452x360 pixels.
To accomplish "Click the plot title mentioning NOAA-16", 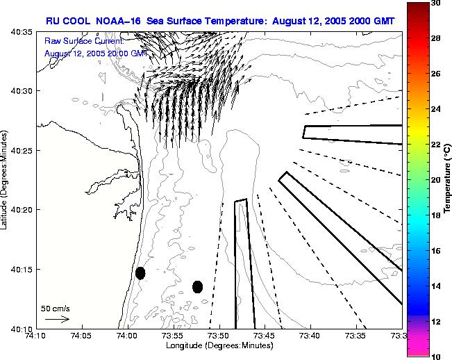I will click(x=220, y=22).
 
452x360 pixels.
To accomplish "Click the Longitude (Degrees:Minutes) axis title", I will click(x=219, y=345).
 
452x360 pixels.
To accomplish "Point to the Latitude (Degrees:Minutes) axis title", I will click(x=6, y=179).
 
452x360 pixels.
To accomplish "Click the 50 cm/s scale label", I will click(x=55, y=308).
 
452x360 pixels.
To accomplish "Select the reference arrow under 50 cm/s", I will click(x=56, y=319).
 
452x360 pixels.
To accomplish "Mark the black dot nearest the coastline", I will click(x=140, y=272).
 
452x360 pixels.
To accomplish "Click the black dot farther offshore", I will click(x=197, y=286).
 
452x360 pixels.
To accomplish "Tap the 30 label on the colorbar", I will click(x=435, y=3).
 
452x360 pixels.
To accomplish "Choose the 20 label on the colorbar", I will click(x=435, y=179).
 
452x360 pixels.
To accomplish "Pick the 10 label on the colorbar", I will click(x=435, y=356).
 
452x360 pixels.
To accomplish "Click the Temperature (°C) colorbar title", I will click(x=448, y=179).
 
